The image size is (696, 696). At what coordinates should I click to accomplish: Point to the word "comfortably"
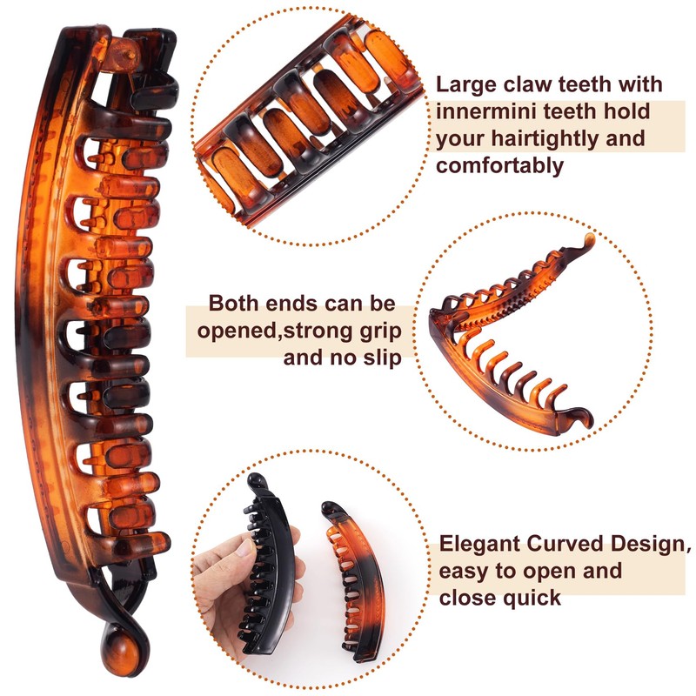click(500, 165)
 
